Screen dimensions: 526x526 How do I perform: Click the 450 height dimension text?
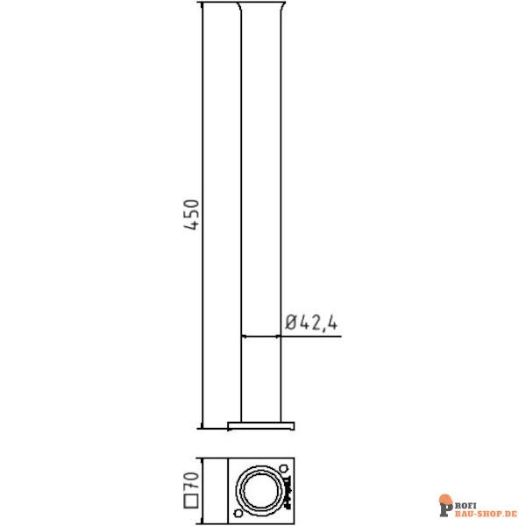click(x=193, y=215)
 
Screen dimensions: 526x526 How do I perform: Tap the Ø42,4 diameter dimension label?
click(x=311, y=323)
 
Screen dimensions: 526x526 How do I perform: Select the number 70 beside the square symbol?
click(x=193, y=479)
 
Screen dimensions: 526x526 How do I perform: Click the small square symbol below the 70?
click(x=193, y=502)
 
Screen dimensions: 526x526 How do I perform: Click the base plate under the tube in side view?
click(x=260, y=426)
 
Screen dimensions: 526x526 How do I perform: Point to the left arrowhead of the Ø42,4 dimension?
click(x=245, y=335)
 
